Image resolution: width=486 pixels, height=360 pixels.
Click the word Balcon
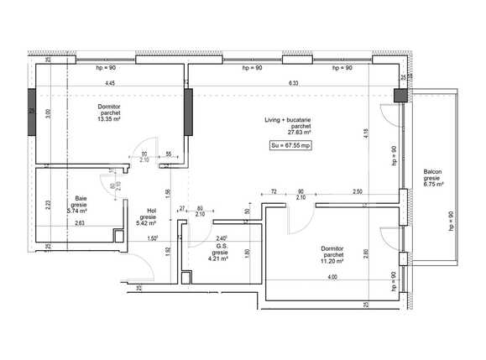(432, 172)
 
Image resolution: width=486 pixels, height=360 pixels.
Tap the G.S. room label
(221, 246)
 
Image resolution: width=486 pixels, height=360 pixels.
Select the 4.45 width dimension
(110, 83)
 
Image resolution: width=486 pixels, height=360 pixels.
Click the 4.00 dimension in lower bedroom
(332, 277)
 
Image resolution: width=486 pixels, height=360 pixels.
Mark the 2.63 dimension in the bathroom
(79, 222)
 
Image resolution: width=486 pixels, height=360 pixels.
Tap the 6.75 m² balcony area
(433, 186)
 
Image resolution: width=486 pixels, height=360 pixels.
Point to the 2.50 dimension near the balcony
(358, 192)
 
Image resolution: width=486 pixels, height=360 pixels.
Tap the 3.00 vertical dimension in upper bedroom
(48, 115)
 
